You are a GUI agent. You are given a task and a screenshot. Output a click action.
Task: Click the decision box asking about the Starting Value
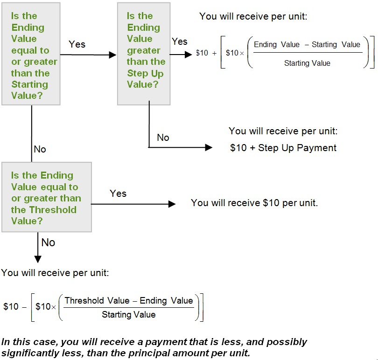pos(31,54)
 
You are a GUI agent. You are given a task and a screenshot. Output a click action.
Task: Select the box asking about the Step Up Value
pos(144,54)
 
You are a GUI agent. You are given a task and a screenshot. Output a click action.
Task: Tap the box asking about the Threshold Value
pos(47,197)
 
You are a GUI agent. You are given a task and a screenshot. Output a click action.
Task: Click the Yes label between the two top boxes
pos(77,44)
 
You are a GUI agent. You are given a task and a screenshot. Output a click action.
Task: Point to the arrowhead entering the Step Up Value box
pos(112,55)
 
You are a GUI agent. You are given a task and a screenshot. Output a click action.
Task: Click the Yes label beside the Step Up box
pos(179,42)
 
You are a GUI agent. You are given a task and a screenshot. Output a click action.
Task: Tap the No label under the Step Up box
pos(163,138)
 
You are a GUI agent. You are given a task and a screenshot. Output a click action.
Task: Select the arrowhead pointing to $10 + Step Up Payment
pos(209,147)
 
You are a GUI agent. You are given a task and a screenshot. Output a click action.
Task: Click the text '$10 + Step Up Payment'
pos(283,148)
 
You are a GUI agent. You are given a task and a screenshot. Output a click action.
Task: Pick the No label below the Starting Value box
pos(40,149)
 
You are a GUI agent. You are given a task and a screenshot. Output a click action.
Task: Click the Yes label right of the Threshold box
pos(118,194)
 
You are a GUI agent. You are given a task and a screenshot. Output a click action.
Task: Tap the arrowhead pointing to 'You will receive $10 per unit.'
pos(172,204)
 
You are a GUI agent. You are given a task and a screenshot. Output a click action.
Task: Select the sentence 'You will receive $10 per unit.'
pos(254,203)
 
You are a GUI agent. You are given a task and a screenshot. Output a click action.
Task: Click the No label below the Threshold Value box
pos(48,242)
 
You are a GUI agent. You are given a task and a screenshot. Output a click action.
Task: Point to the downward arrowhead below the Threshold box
pos(38,259)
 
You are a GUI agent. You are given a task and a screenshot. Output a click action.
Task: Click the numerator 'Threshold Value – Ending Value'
pos(129,301)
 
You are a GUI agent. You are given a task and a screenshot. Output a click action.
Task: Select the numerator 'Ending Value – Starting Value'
pos(307,45)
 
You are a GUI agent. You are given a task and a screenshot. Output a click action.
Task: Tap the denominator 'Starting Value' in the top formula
pos(307,63)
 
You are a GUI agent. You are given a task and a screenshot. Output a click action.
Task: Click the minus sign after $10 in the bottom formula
pos(24,307)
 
